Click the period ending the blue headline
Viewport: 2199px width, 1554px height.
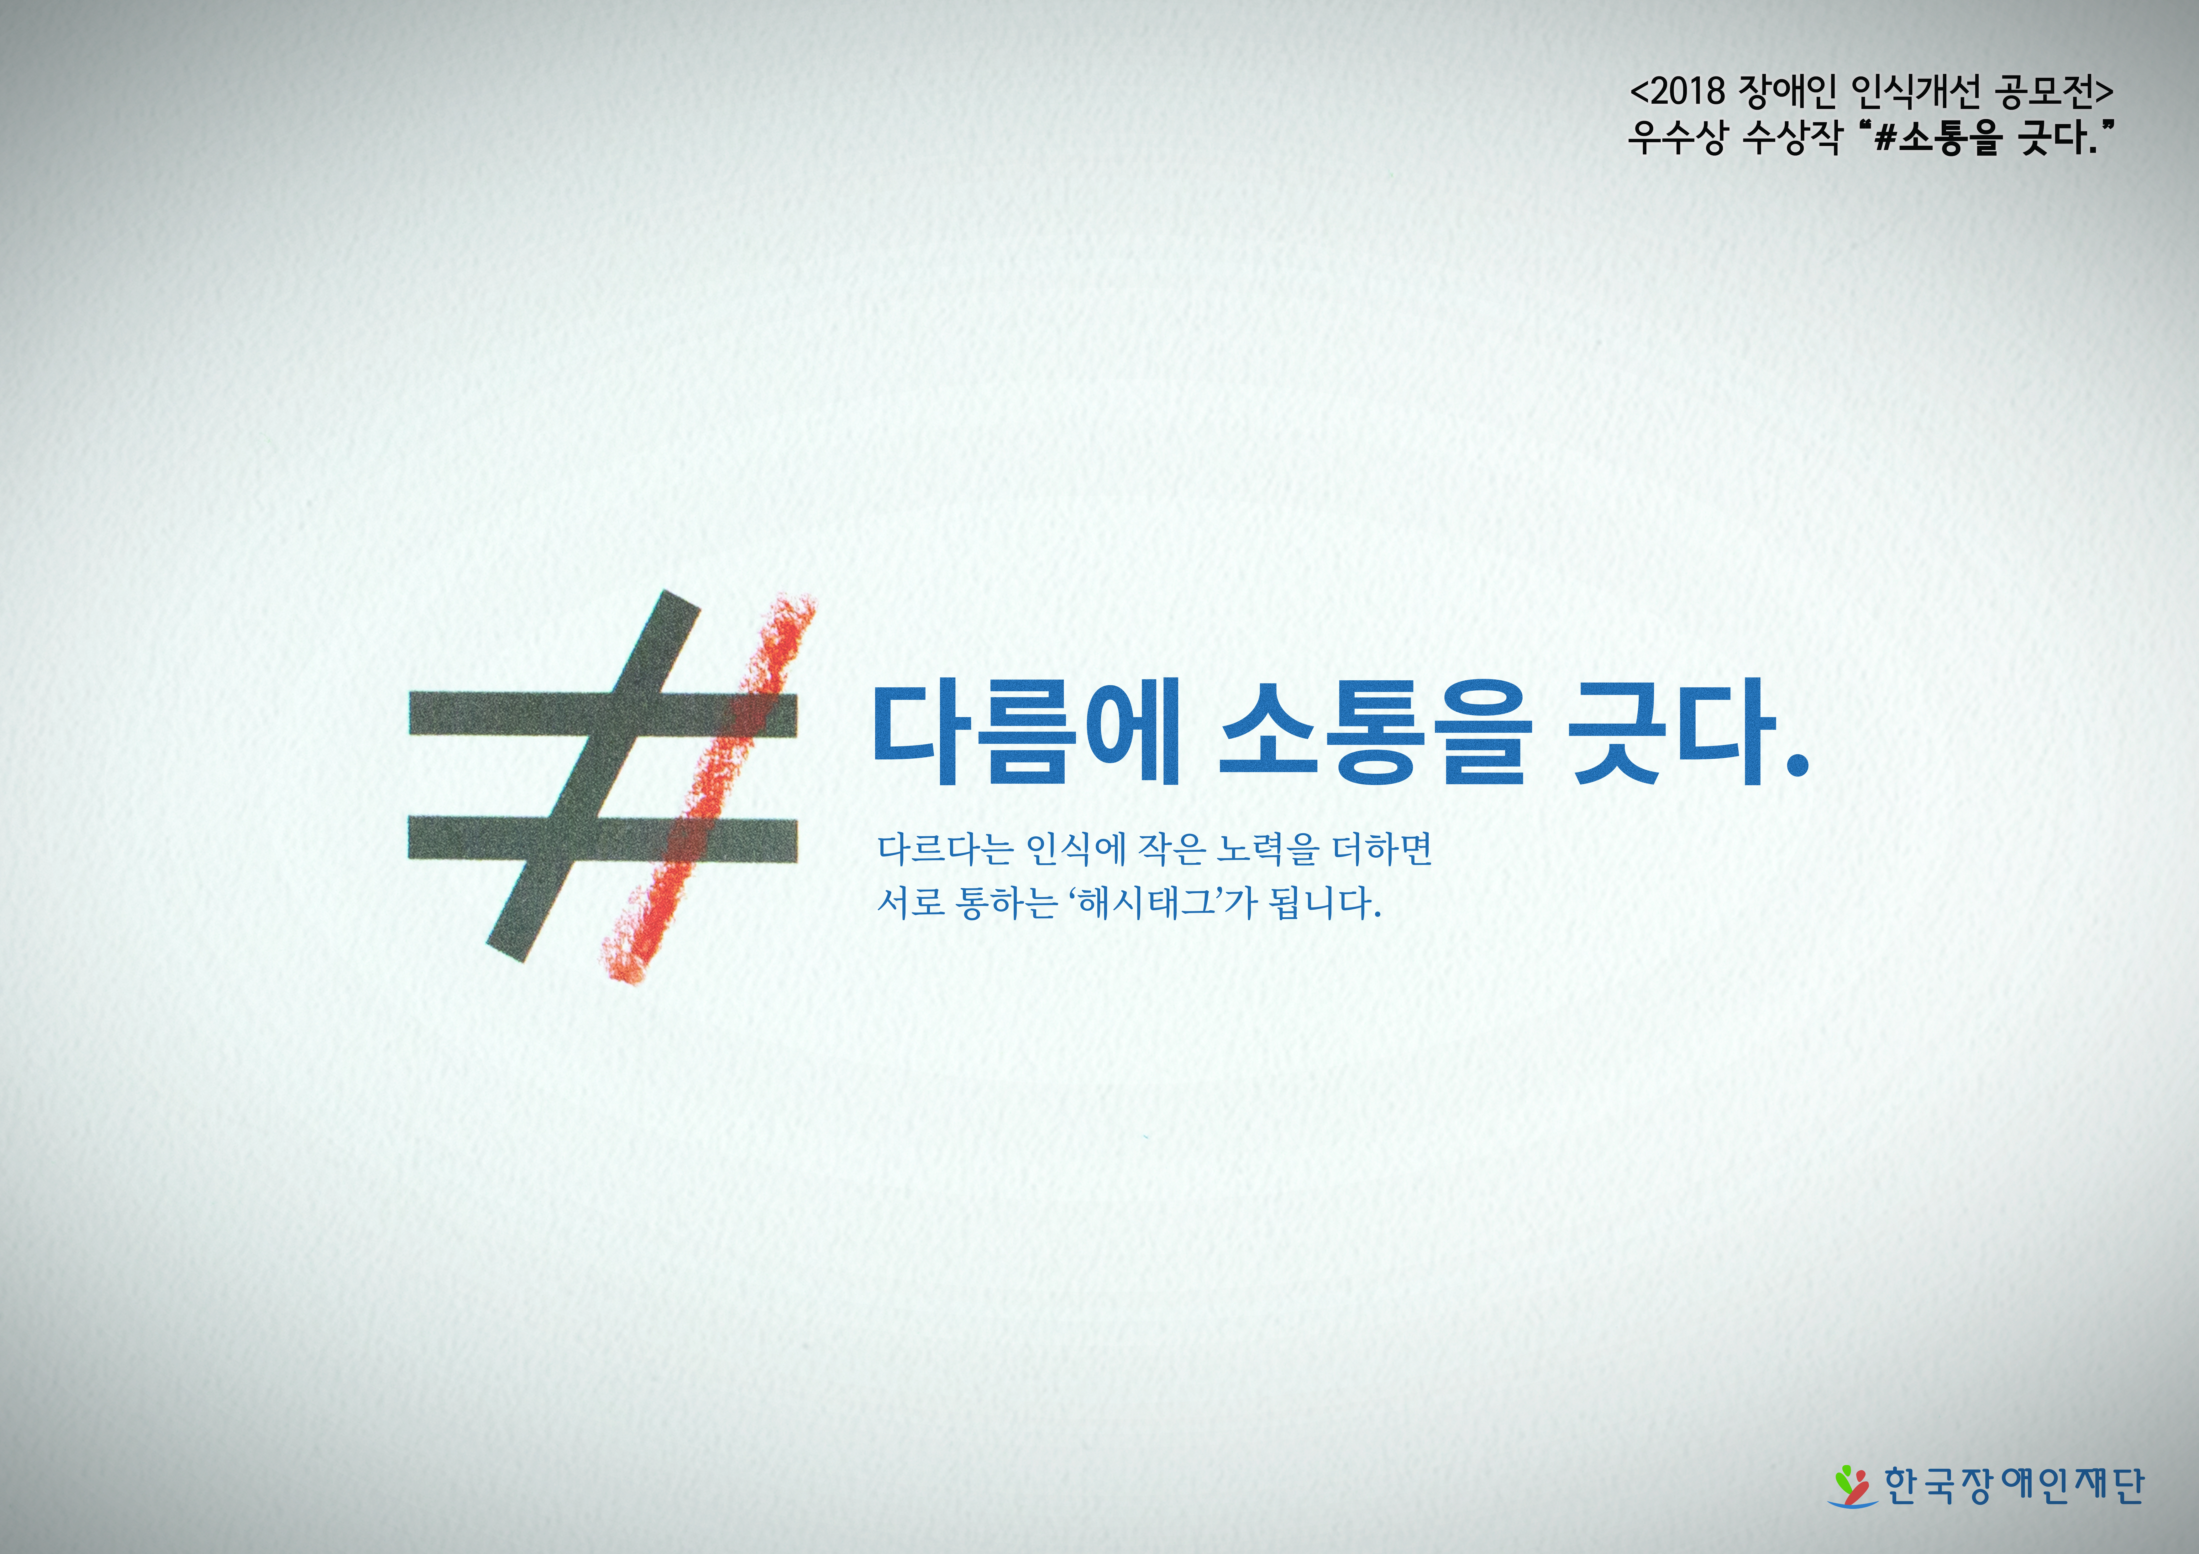pyautogui.click(x=1797, y=763)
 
